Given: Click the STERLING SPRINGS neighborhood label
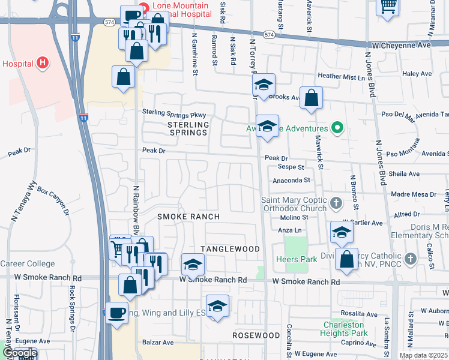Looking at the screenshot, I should [188, 129].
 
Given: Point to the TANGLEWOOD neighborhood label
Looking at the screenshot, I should [230, 249].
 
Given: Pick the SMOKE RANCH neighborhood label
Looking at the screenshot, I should [188, 216].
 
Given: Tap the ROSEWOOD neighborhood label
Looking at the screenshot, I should [256, 335].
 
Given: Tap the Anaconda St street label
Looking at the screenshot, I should [291, 179].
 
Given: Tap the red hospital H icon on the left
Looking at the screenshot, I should [41, 62].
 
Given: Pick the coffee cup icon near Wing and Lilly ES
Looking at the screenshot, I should [117, 312].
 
